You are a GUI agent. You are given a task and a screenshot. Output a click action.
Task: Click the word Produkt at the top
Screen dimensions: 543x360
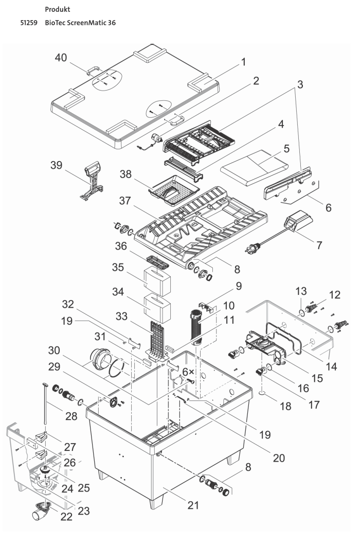(58, 10)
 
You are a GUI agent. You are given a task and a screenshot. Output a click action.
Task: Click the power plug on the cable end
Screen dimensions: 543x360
(253, 251)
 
